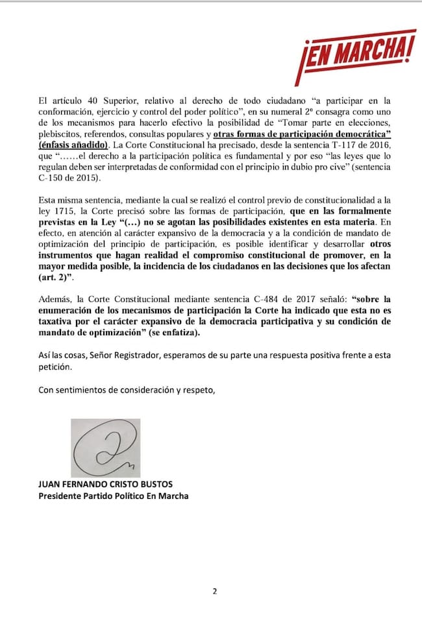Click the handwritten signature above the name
(105, 447)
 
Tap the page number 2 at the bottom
(214, 591)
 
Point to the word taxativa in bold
(57, 321)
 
